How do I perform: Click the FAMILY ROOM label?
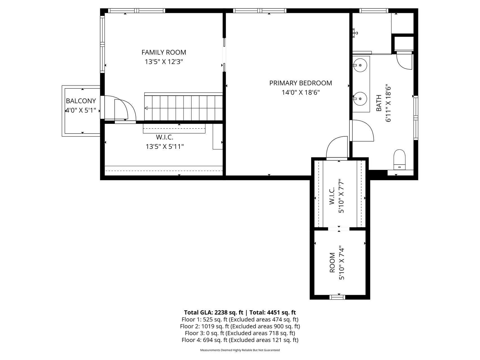click(x=164, y=52)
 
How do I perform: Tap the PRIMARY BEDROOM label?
click(x=300, y=83)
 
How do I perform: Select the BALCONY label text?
click(x=81, y=101)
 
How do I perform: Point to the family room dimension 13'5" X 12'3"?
click(x=164, y=62)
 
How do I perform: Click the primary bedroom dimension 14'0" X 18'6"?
click(x=300, y=93)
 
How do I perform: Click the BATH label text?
click(x=379, y=103)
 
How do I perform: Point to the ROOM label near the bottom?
click(x=332, y=263)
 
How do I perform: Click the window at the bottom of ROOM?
click(x=337, y=297)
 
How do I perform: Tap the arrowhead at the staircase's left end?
click(x=146, y=108)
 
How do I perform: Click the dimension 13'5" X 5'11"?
click(x=165, y=147)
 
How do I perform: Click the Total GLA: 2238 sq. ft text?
click(x=214, y=312)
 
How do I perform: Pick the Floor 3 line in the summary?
click(x=240, y=333)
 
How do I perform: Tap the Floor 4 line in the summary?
click(x=240, y=340)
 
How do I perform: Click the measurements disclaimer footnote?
click(x=240, y=350)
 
